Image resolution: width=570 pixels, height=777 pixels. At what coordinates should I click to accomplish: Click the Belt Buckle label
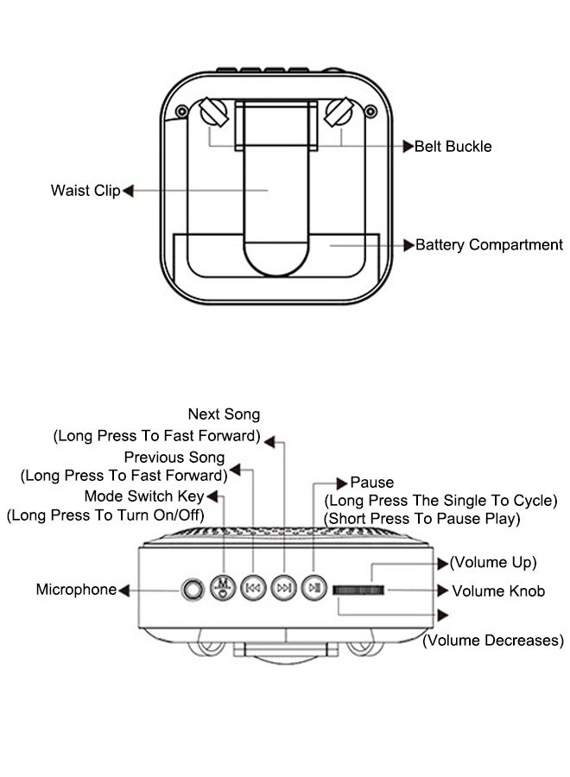(453, 146)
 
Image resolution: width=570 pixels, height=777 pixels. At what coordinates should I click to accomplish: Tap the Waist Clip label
(85, 190)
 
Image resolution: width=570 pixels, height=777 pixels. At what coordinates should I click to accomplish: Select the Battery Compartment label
(489, 245)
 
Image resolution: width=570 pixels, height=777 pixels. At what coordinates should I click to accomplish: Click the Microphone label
(75, 590)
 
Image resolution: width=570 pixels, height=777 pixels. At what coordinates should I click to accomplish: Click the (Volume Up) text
(492, 563)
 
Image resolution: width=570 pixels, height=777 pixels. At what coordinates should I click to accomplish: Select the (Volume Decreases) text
(492, 641)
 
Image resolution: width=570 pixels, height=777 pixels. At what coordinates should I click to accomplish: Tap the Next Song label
(224, 414)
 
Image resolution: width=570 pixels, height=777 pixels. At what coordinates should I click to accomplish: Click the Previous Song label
(174, 457)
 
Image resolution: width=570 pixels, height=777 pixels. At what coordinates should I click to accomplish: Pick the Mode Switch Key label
(143, 496)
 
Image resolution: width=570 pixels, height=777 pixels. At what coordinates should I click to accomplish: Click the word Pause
(371, 482)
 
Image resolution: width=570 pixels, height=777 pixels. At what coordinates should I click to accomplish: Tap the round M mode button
(223, 587)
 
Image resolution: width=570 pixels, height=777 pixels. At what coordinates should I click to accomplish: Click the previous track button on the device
(253, 588)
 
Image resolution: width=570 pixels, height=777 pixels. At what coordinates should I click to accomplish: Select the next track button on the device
(283, 588)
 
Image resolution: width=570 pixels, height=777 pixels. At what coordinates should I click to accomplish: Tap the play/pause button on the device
(313, 588)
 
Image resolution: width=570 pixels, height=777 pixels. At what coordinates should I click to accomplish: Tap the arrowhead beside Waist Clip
(128, 190)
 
